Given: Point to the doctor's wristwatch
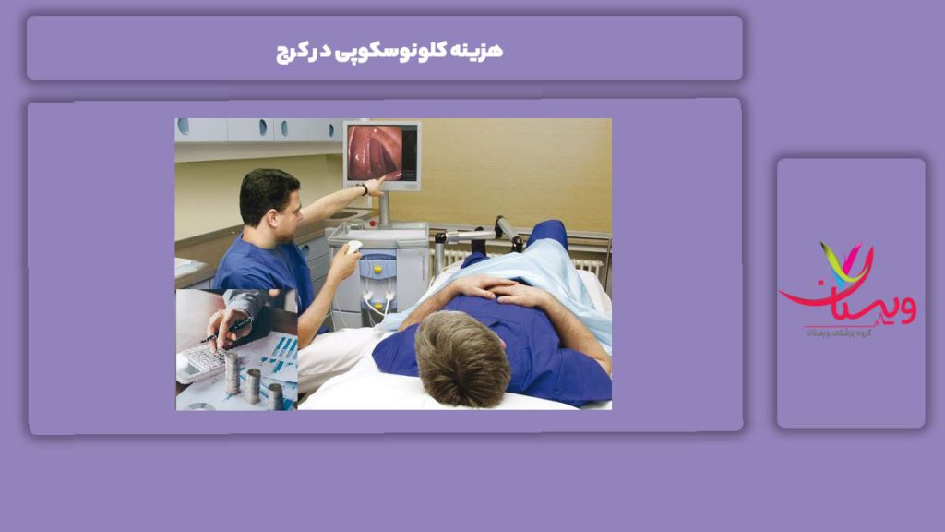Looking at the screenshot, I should [364, 187].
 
